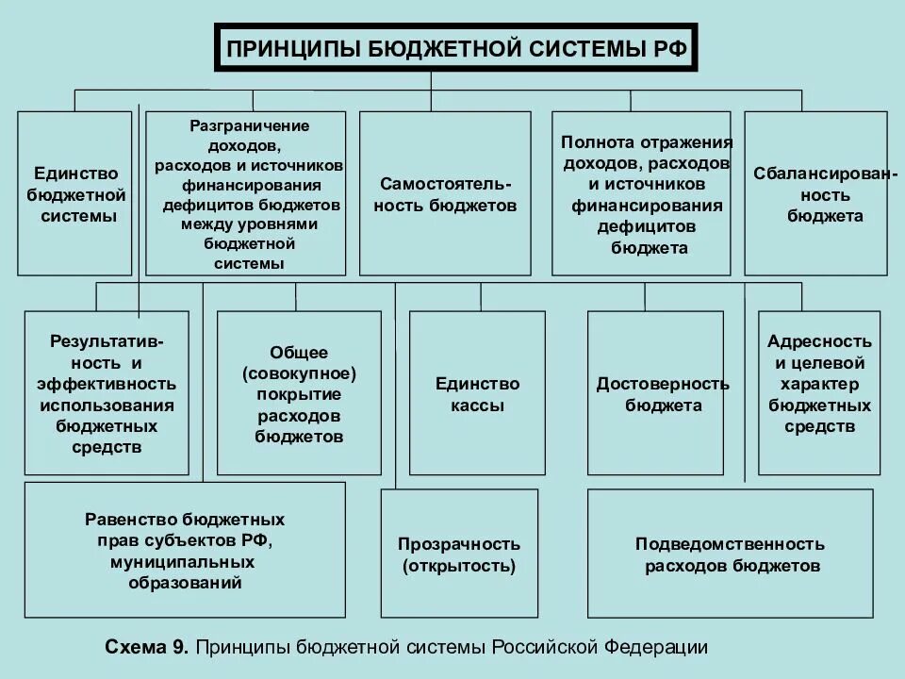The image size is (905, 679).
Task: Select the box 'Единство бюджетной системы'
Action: [x=75, y=193]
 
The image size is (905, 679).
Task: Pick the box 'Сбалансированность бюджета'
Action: [x=815, y=193]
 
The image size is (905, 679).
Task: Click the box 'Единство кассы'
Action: [x=477, y=393]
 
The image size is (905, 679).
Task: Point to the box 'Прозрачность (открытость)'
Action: [x=458, y=555]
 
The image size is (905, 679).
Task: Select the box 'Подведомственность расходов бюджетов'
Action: [x=730, y=555]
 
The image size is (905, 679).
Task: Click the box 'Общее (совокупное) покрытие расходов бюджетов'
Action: [x=299, y=393]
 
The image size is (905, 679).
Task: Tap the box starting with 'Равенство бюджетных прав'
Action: [x=185, y=550]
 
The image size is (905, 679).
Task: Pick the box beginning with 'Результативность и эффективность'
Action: [x=107, y=393]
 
